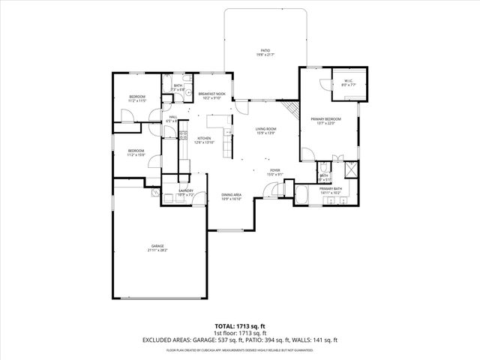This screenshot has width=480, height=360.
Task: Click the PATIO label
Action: (265, 50)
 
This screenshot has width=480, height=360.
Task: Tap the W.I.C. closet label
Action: (349, 81)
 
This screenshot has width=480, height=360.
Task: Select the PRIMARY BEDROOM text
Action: (326, 119)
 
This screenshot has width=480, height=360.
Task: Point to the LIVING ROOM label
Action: (265, 129)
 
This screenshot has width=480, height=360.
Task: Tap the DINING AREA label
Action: (231, 195)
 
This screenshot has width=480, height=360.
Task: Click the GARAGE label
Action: (157, 246)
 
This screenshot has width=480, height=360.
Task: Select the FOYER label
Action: (275, 170)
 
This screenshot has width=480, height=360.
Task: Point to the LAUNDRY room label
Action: (186, 190)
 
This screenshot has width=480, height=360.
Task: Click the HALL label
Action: (173, 117)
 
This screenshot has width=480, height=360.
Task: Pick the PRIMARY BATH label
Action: (330, 188)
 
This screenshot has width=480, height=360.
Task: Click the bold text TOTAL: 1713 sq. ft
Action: (240, 325)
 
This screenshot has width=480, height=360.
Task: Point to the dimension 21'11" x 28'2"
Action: (157, 250)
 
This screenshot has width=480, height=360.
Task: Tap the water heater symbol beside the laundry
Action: (155, 193)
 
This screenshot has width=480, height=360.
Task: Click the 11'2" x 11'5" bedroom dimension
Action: (136, 100)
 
